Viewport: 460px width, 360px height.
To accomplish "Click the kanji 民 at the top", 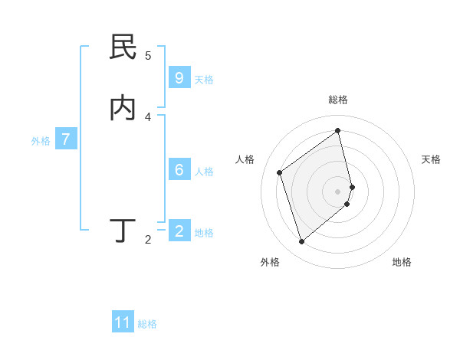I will (123, 47).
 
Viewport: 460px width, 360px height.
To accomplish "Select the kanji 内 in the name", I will (123, 109).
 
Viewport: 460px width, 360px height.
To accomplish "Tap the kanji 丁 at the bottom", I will (123, 230).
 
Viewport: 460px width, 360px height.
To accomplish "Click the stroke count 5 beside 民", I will (148, 55).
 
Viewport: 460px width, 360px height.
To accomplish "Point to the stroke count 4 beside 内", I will (148, 116).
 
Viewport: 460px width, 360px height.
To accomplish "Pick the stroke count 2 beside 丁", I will (148, 240).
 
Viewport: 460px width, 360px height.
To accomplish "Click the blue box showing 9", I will (179, 77).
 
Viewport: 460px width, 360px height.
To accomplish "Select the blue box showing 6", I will (179, 169).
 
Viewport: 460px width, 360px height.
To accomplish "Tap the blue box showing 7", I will (66, 139).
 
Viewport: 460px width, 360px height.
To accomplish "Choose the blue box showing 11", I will (123, 322).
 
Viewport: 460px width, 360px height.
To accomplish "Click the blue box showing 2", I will (179, 231).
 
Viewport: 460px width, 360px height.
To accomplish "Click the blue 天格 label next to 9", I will (204, 80).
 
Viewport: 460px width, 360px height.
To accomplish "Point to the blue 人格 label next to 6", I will (204, 172).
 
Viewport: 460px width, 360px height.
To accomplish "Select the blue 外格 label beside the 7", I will (41, 141).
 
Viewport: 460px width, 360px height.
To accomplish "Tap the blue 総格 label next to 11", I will (147, 324).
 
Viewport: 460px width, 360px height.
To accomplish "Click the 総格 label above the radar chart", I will (338, 100).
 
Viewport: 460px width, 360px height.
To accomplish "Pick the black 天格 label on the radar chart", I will (431, 159).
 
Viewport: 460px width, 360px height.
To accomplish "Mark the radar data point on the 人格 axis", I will (280, 172).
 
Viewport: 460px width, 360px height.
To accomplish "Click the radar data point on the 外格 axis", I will (301, 242).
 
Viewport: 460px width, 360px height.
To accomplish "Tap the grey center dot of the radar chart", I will (338, 191).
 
